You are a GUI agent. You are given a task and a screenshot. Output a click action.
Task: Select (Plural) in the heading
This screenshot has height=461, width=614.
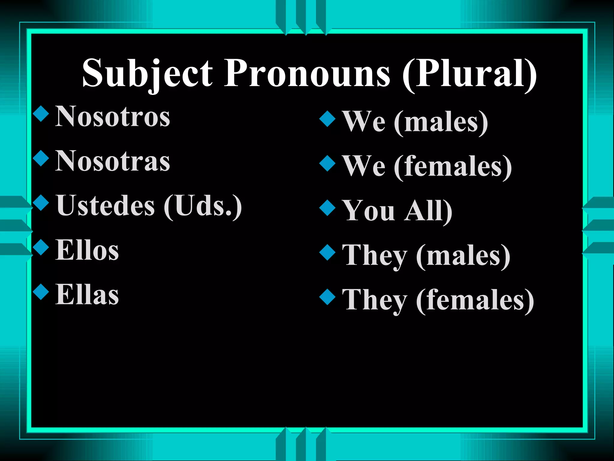coord(469,74)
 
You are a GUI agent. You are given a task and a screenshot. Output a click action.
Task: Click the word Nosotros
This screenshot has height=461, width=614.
coord(112,117)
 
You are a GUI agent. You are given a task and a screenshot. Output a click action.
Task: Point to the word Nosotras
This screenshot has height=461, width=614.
coord(112,161)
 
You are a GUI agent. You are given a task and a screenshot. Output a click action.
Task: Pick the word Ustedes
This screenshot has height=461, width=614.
coord(106,206)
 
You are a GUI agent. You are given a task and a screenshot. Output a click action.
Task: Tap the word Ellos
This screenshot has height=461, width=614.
coord(87,250)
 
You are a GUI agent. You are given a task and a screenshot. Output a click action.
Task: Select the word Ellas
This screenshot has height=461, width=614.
coord(87,295)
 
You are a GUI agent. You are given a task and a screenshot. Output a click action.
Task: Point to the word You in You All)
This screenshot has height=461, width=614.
coord(369,211)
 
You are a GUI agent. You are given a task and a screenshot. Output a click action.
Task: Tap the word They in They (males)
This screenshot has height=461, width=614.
coord(375,255)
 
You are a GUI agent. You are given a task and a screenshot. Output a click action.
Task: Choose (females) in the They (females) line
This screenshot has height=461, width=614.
coord(475,300)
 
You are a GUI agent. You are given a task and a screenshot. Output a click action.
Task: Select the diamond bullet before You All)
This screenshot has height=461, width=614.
coord(327,208)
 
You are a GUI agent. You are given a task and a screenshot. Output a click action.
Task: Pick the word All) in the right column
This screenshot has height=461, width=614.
coord(428,211)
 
